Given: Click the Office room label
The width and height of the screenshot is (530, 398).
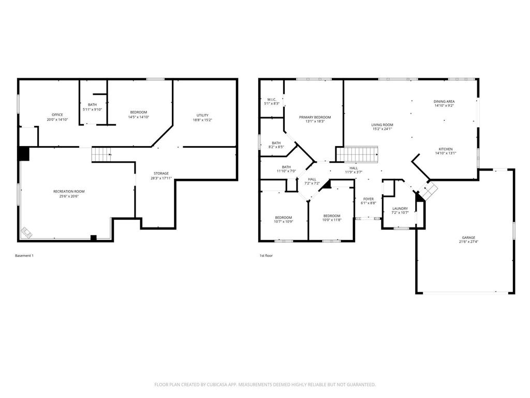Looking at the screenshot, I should pyautogui.click(x=57, y=115).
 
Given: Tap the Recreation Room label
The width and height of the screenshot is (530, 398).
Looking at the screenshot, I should pyautogui.click(x=69, y=191).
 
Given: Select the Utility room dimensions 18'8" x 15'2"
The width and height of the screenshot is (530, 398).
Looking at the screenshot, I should pyautogui.click(x=202, y=120).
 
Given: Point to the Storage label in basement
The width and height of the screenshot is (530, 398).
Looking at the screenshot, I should pyautogui.click(x=160, y=173).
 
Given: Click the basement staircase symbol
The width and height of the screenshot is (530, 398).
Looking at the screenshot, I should pyautogui.click(x=101, y=154).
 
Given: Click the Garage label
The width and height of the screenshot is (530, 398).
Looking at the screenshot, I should pyautogui.click(x=468, y=237).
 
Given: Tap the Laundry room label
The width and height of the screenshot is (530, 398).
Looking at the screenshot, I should pyautogui.click(x=400, y=208).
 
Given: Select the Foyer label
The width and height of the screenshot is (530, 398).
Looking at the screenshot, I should pyautogui.click(x=368, y=198).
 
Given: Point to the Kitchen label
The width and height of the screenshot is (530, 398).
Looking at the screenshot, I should pyautogui.click(x=446, y=149).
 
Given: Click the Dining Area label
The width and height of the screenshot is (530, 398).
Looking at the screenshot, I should pyautogui.click(x=444, y=101).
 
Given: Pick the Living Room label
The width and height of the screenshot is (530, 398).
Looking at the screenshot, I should pyautogui.click(x=382, y=124).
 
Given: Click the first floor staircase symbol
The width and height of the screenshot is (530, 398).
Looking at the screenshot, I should pyautogui.click(x=358, y=154).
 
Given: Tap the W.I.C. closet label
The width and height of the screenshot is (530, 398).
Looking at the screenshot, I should pyautogui.click(x=272, y=99).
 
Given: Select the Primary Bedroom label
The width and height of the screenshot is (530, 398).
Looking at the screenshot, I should pyautogui.click(x=315, y=117).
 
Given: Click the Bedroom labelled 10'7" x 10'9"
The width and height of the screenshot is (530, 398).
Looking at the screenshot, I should pyautogui.click(x=283, y=217).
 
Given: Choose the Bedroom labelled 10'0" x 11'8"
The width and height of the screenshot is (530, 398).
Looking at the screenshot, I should pyautogui.click(x=332, y=216).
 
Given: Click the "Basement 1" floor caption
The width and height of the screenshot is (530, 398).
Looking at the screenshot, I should pyautogui.click(x=24, y=255).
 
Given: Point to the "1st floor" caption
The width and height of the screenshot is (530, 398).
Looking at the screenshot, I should pyautogui.click(x=266, y=255).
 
